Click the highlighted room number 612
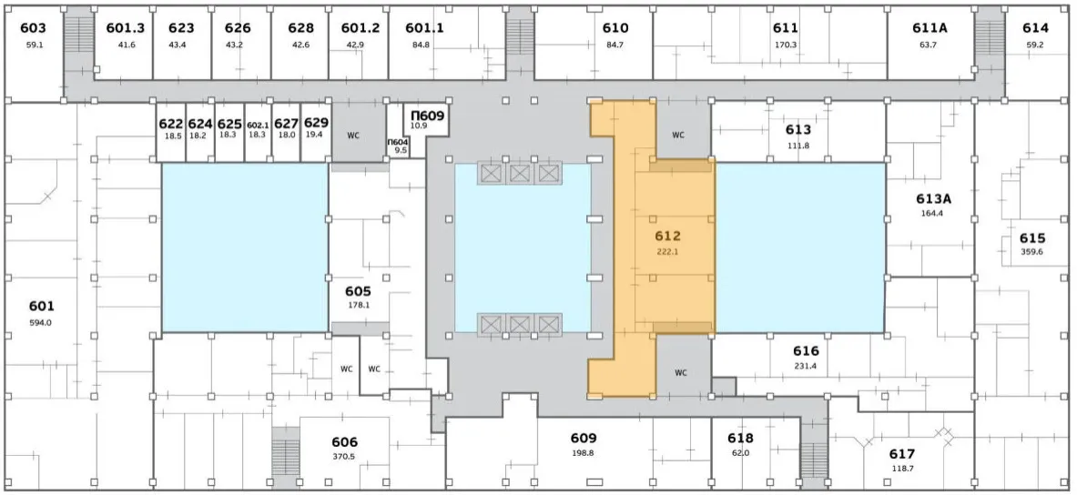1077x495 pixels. click(x=667, y=237)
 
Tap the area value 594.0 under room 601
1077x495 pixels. click(x=41, y=322)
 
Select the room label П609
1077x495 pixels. click(x=428, y=116)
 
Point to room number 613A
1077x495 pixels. click(x=933, y=199)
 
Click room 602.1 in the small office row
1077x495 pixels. click(x=257, y=125)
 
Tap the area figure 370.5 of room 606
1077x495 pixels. click(x=344, y=457)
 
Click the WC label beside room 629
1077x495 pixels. click(x=353, y=136)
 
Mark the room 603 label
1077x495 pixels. click(x=33, y=28)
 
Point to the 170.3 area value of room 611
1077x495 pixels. click(x=785, y=45)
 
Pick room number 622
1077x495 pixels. click(x=171, y=125)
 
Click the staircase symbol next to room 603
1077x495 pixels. click(x=78, y=40)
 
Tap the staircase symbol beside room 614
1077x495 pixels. click(x=990, y=40)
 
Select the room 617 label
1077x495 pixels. click(x=902, y=454)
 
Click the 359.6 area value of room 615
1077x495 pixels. click(x=1031, y=251)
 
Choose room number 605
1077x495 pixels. click(x=359, y=291)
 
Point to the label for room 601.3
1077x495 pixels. click(x=126, y=28)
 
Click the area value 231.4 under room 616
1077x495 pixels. click(x=805, y=366)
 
